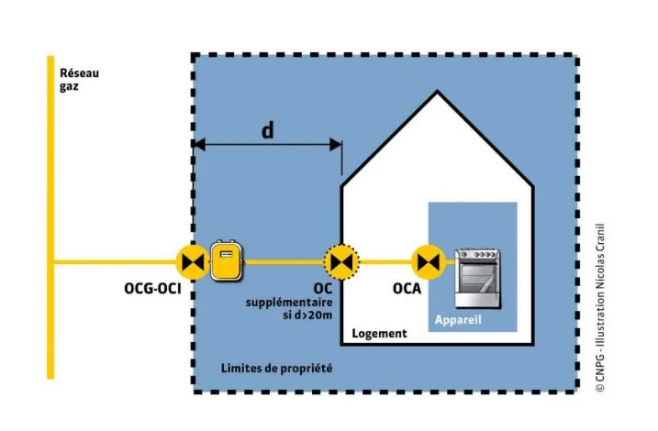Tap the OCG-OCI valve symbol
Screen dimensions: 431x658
(x=193, y=262)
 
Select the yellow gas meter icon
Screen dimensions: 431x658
(x=225, y=261)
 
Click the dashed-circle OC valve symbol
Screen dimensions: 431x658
(x=342, y=262)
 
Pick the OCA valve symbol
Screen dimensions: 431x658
(x=426, y=262)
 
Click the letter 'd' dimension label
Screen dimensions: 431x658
(x=267, y=130)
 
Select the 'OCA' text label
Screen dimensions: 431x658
(x=407, y=289)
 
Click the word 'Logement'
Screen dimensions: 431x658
(x=379, y=334)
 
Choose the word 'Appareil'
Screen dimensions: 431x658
(x=458, y=321)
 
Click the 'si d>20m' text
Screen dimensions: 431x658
(x=305, y=314)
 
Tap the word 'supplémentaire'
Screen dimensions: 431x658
(x=288, y=302)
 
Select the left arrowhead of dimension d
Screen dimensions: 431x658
(x=198, y=144)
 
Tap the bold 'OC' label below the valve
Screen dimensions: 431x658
(x=322, y=288)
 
